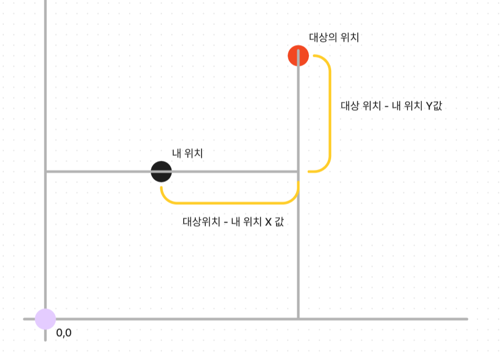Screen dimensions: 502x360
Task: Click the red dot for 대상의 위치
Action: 298,56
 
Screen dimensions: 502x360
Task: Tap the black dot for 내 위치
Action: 161,171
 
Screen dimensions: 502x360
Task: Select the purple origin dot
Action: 45,319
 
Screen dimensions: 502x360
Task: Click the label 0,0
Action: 64,333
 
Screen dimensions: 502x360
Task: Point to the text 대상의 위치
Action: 334,38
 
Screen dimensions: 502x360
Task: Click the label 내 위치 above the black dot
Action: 188,153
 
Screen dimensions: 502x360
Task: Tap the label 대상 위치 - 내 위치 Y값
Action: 391,106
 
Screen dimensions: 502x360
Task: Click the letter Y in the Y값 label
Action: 429,106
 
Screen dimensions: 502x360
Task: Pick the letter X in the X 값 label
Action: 268,221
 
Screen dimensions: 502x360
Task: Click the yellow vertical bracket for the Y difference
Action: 330,114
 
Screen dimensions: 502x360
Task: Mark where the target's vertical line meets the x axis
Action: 298,319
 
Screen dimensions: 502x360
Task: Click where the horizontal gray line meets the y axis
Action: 45,171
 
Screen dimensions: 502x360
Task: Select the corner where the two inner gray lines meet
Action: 298,171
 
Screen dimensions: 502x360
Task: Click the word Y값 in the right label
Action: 434,106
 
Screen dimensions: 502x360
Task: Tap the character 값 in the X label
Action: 279,221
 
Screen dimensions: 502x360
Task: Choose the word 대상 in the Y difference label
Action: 351,106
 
